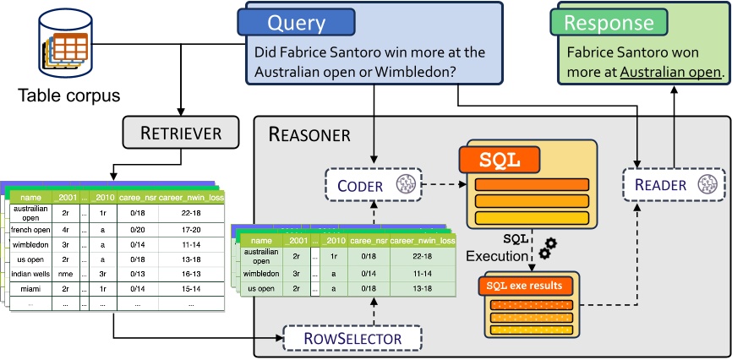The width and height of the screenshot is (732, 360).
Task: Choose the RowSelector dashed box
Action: coord(354,339)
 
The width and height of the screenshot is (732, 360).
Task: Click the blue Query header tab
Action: coord(296,23)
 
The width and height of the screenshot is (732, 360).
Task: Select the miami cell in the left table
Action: coord(30,288)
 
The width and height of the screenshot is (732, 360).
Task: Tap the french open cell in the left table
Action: coord(30,229)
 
